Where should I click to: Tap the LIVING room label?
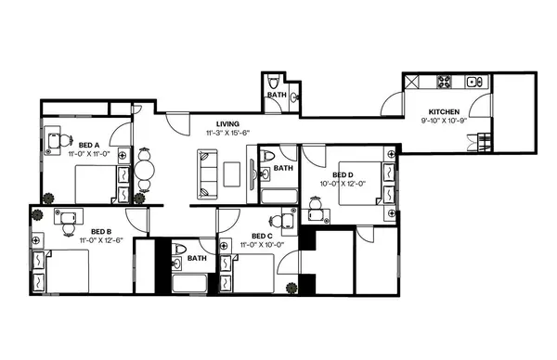(x=228, y=123)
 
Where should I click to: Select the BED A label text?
(x=89, y=145)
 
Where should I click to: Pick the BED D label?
(x=343, y=174)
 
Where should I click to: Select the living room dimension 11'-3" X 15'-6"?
(x=228, y=133)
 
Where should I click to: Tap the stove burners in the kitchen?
(x=445, y=82)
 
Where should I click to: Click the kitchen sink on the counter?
(x=474, y=82)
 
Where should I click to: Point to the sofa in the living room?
(x=206, y=171)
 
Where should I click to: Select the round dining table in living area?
(x=143, y=172)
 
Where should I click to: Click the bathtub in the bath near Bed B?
(x=191, y=281)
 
